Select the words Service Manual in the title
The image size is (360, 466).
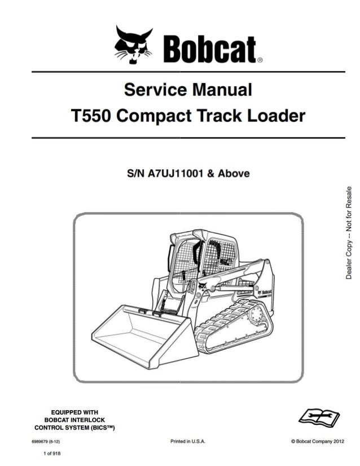click(x=187, y=90)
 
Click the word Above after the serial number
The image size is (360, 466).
click(x=232, y=173)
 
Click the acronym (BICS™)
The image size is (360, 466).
click(x=102, y=428)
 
